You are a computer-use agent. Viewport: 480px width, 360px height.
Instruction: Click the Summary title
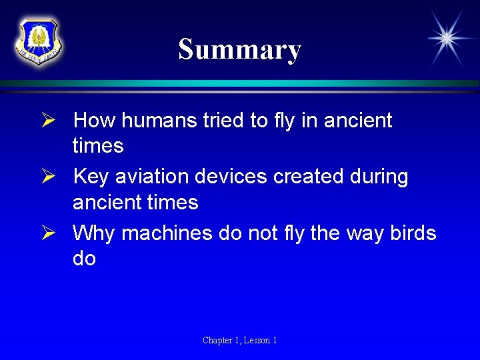[x=239, y=49]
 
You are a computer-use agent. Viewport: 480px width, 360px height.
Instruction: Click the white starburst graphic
[x=447, y=38]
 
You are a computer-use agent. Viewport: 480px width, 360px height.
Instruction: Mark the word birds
[x=411, y=234]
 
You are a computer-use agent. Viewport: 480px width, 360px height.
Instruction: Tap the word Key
[x=91, y=177]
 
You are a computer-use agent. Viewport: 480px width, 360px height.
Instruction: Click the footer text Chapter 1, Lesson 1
[x=240, y=341]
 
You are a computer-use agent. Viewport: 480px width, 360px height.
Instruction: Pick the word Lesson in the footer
[x=257, y=341]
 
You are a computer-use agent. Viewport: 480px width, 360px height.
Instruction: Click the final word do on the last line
[x=84, y=258]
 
